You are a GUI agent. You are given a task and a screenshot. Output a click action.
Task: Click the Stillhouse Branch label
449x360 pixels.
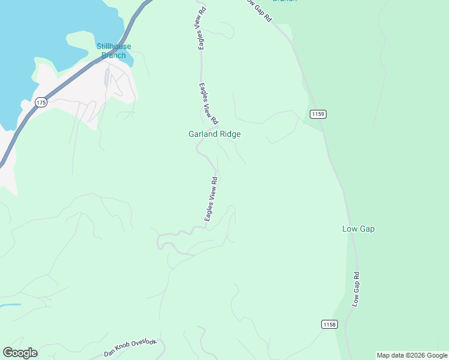113,51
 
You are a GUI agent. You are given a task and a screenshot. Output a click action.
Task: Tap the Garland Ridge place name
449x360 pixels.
214,134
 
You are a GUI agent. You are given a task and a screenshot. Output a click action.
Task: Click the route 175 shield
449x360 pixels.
40,103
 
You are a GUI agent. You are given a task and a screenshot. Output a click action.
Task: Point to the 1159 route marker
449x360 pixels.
318,114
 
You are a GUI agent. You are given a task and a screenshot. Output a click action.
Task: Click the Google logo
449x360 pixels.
20,353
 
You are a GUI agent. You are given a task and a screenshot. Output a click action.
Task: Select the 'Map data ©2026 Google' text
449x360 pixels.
412,355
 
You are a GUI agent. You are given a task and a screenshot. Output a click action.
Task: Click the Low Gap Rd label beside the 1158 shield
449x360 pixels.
356,290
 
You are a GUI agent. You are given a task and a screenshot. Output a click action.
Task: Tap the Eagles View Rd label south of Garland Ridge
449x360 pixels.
211,199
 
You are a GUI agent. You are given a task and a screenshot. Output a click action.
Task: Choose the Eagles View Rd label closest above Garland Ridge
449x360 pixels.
208,103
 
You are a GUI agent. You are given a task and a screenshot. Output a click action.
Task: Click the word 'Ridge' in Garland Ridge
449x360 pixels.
230,134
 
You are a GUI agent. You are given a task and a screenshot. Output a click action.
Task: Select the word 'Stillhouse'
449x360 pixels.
113,47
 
